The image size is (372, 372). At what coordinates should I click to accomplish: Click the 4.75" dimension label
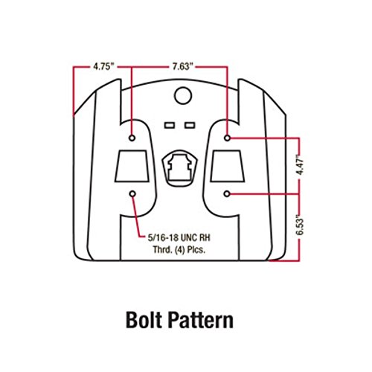click(x=103, y=66)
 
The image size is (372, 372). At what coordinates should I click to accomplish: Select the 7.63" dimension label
click(x=183, y=66)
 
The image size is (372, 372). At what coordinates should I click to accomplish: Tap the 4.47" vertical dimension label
click(x=300, y=164)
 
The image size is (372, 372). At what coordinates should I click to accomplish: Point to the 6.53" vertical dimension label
click(x=300, y=225)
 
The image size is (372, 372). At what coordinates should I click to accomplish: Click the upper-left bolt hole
click(x=132, y=138)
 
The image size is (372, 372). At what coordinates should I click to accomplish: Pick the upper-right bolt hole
click(x=227, y=138)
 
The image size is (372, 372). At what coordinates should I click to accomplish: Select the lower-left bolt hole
click(x=132, y=193)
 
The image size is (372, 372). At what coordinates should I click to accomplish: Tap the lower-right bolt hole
click(x=227, y=193)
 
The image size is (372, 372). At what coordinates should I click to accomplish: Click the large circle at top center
click(x=183, y=95)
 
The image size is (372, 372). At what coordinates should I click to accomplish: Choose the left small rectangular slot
click(x=170, y=125)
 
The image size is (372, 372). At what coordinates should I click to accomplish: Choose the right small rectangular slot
click(x=190, y=125)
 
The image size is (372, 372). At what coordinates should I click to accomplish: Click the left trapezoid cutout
click(x=132, y=166)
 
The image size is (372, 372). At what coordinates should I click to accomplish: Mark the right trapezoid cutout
click(x=228, y=166)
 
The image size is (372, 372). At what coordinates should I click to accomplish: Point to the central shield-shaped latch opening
click(x=180, y=168)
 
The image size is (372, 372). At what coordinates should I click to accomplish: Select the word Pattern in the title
click(x=201, y=320)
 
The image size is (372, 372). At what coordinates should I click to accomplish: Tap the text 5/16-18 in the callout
click(x=162, y=238)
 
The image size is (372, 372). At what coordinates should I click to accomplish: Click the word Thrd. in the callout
click(x=163, y=249)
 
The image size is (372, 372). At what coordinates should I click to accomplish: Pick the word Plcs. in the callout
click(x=196, y=249)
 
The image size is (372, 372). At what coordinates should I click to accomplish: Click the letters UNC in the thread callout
click(x=189, y=238)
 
